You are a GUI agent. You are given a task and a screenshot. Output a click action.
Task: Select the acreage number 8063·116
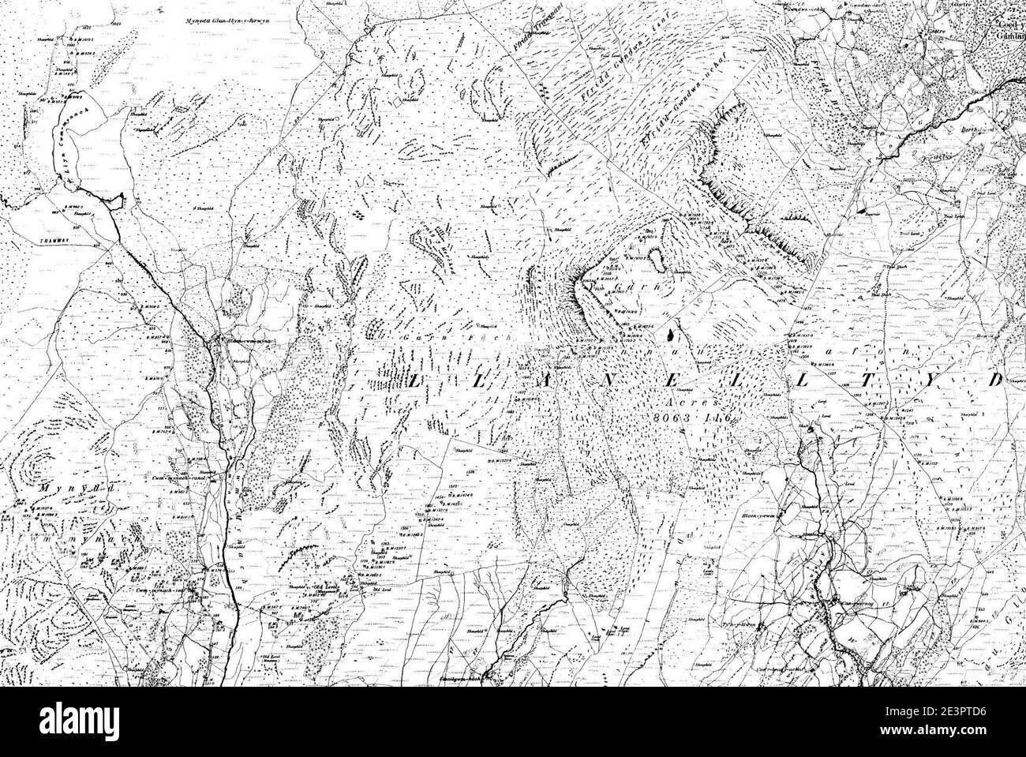coord(695,414)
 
